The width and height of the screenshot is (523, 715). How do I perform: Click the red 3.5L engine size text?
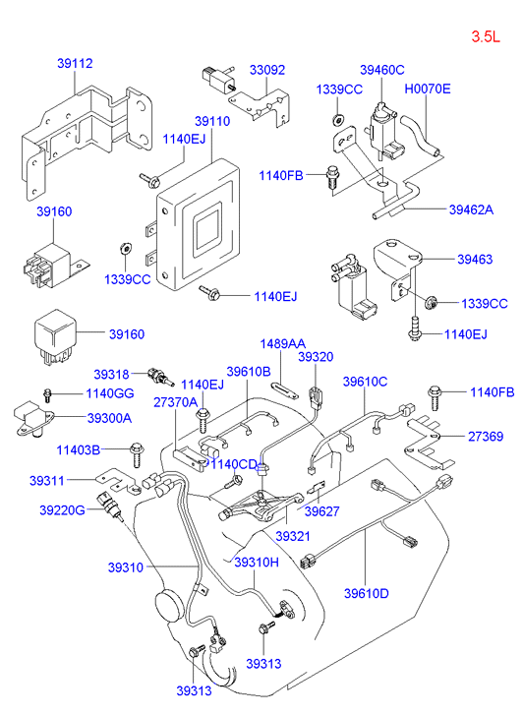486,36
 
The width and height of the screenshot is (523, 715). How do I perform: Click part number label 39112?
75,63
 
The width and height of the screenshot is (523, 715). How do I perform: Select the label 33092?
267,70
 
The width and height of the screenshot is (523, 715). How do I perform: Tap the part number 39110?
212,121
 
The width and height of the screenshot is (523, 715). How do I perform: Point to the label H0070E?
428,89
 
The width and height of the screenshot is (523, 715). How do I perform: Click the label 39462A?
471,209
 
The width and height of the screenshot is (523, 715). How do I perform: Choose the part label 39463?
475,259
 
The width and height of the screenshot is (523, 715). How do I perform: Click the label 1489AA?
283,343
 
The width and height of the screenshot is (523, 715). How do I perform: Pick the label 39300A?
109,418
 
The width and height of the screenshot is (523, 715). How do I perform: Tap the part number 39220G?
63,509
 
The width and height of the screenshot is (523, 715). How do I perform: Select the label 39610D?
367,593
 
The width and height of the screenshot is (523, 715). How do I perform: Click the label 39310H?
257,563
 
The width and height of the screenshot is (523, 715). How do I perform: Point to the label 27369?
486,437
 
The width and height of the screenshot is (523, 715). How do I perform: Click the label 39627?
321,511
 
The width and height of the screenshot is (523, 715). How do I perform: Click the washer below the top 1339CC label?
338,120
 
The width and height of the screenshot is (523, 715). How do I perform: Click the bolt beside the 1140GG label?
47,395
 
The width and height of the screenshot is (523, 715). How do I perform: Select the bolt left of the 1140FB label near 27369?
435,398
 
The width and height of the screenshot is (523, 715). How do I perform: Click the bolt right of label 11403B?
137,454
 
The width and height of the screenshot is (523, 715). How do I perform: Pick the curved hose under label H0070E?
422,136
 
